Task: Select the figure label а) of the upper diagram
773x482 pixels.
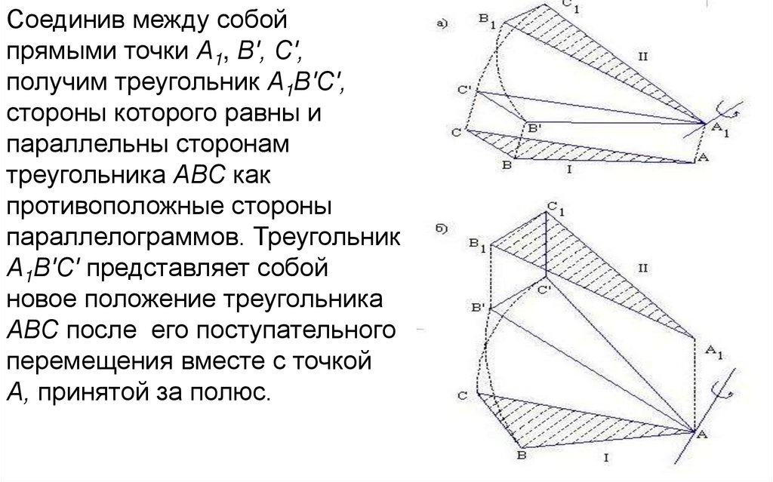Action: click(x=445, y=24)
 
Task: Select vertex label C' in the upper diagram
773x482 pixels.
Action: click(x=467, y=90)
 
